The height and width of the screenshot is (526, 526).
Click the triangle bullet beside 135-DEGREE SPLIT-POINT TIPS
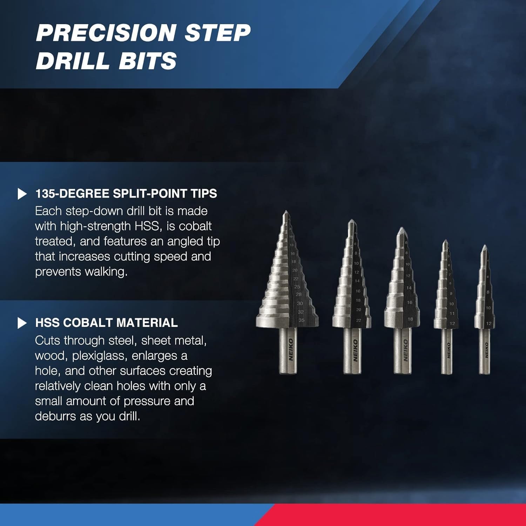click(x=22, y=194)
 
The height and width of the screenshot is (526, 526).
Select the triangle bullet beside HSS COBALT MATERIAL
click(x=22, y=323)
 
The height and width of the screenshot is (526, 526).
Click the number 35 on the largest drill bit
click(x=302, y=320)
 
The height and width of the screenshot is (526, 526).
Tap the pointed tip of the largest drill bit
click(x=286, y=212)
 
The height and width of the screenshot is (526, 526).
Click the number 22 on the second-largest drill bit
click(x=358, y=320)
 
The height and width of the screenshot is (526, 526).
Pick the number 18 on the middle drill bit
click(x=410, y=319)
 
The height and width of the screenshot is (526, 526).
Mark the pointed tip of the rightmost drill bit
click(x=485, y=246)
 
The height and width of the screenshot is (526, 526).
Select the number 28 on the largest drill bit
click(x=298, y=295)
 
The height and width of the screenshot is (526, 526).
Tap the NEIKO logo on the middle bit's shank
click(x=406, y=350)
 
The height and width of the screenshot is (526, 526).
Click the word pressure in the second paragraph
click(x=147, y=401)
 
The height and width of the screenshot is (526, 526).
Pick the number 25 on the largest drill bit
click(x=297, y=287)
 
